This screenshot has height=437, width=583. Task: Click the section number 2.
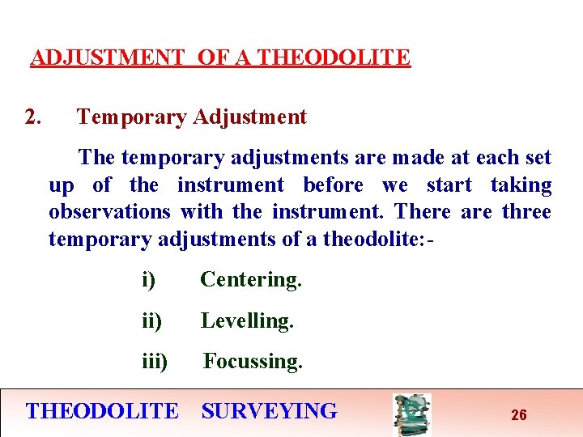33,117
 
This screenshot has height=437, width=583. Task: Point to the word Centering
251,280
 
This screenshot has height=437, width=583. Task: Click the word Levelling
247,321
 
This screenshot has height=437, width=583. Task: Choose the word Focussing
253,362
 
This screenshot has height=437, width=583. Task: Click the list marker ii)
151,321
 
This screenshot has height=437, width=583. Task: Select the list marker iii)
155,362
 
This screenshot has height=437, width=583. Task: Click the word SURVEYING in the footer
269,411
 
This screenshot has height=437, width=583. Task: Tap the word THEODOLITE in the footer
102,411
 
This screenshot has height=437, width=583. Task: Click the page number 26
519,415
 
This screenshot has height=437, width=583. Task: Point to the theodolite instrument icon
411,414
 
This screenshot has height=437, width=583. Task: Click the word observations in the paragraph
109,212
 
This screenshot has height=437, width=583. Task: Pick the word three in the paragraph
527,212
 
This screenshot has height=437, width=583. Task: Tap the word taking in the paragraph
521,185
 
